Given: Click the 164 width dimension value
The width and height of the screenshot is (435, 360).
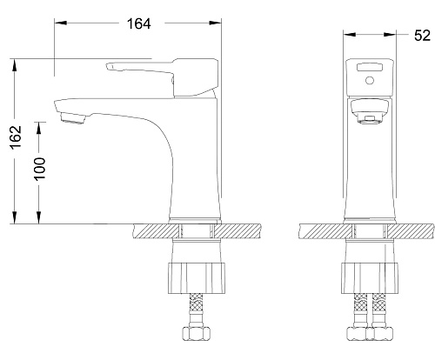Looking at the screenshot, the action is click(x=139, y=23).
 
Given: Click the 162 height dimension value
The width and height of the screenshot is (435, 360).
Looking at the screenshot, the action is click(x=16, y=137).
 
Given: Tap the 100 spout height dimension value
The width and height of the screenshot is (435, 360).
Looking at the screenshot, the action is click(x=40, y=169).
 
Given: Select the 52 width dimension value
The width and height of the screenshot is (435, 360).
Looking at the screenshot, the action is click(x=422, y=36).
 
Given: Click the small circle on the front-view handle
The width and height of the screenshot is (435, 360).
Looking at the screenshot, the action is click(x=370, y=80).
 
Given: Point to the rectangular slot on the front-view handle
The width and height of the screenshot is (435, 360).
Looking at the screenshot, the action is click(x=370, y=67).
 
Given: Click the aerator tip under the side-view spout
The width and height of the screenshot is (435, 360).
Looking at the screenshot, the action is click(x=72, y=118).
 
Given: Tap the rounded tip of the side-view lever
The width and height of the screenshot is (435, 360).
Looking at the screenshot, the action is click(x=109, y=67).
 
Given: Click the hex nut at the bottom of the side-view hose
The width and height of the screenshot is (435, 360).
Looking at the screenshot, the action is click(x=196, y=333).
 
